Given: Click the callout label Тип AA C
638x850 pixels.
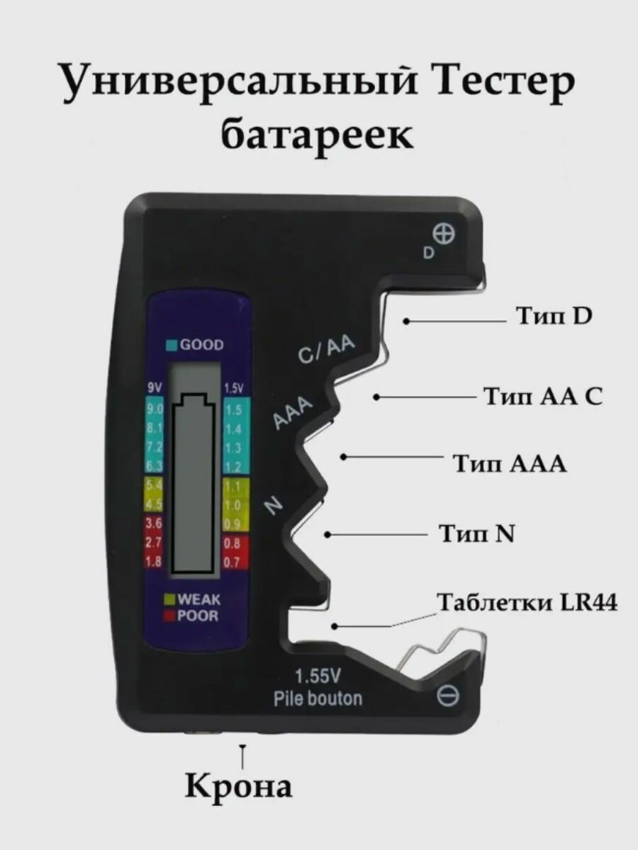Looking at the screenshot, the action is (x=543, y=396).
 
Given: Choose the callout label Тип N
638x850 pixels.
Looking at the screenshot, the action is (x=476, y=533).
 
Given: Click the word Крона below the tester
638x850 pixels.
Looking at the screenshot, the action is (x=239, y=786).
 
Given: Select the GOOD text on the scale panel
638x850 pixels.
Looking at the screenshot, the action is (x=201, y=345).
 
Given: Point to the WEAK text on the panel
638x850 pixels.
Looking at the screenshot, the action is (x=198, y=599).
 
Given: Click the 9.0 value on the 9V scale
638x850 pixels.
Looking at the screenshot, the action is (x=155, y=410).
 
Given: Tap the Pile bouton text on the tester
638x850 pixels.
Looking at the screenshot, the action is (x=318, y=698).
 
